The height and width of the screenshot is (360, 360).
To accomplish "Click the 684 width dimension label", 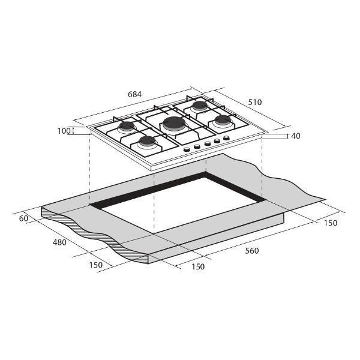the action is (135, 94).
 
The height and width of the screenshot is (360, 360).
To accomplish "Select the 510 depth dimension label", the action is (255, 102).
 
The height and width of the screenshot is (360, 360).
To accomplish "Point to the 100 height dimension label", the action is (64, 131).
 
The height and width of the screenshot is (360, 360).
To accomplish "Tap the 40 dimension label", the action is (296, 136).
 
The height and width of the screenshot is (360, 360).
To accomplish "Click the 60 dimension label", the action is (23, 218).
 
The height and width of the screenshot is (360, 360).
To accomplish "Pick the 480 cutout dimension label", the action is (59, 242).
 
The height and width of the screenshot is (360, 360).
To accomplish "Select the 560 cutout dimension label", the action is (252, 251).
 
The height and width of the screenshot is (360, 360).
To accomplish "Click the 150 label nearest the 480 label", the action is (96, 265).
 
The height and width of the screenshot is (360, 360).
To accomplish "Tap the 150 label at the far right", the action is (331, 223).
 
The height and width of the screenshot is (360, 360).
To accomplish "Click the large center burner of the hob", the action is (174, 124).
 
